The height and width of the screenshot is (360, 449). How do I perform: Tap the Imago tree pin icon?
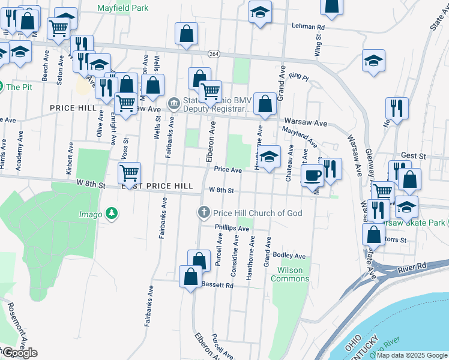pyautogui.click(x=111, y=213)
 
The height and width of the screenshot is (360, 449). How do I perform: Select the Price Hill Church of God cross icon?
pyautogui.click(x=204, y=212)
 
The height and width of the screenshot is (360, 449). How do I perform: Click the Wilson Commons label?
pyautogui.click(x=291, y=274)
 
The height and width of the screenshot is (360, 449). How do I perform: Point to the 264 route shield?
pyautogui.click(x=214, y=54)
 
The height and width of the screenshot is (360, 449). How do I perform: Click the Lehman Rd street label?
pyautogui.click(x=308, y=27)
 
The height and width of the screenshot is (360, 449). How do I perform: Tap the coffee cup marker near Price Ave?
pyautogui.click(x=312, y=175)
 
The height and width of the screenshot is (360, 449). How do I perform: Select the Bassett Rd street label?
pyautogui.click(x=217, y=286)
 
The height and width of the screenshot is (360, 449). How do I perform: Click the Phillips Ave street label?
pyautogui.click(x=232, y=229)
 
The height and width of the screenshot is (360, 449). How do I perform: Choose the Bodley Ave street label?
pyautogui.click(x=289, y=256)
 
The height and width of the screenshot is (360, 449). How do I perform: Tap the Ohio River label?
pyautogui.click(x=385, y=348)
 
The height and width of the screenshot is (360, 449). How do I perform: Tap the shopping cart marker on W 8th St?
pyautogui.click(x=129, y=173)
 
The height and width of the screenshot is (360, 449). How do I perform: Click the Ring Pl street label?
pyautogui.click(x=298, y=77)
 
